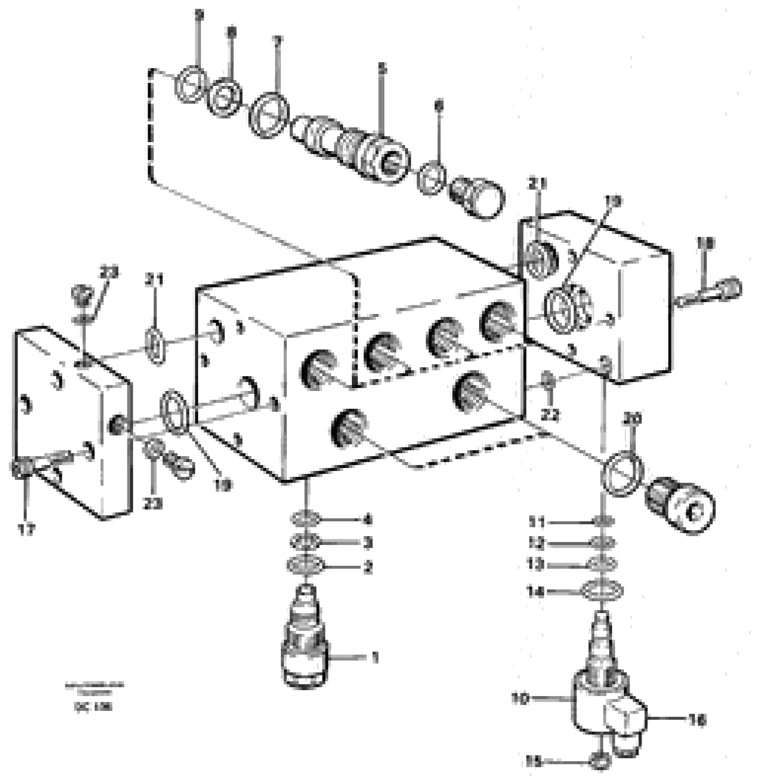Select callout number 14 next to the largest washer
(x=535, y=593)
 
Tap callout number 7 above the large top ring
(x=277, y=41)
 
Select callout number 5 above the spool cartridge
(x=382, y=69)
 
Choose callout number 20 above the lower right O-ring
(x=633, y=419)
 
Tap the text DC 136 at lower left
(x=93, y=707)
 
